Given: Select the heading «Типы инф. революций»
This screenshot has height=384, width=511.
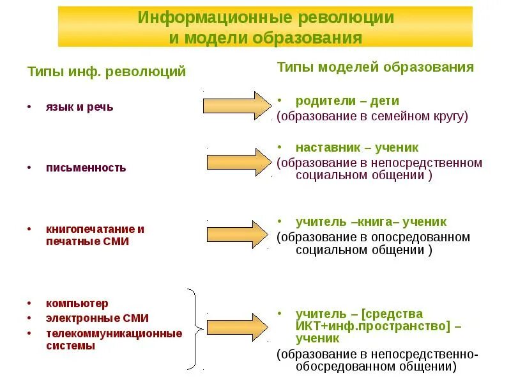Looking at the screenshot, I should [x=107, y=72].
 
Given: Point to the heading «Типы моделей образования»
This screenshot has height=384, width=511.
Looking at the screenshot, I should [x=375, y=67].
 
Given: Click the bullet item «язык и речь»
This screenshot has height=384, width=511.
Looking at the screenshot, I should [x=79, y=107].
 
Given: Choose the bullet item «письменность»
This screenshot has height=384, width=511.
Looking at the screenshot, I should [x=86, y=168].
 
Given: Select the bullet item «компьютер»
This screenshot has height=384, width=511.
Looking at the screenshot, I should [x=77, y=303].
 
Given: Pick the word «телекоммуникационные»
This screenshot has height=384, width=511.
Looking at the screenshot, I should [x=114, y=333].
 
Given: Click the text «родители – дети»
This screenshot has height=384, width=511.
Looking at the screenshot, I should [x=347, y=101].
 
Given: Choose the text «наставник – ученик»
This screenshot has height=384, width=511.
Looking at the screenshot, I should [x=356, y=147].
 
